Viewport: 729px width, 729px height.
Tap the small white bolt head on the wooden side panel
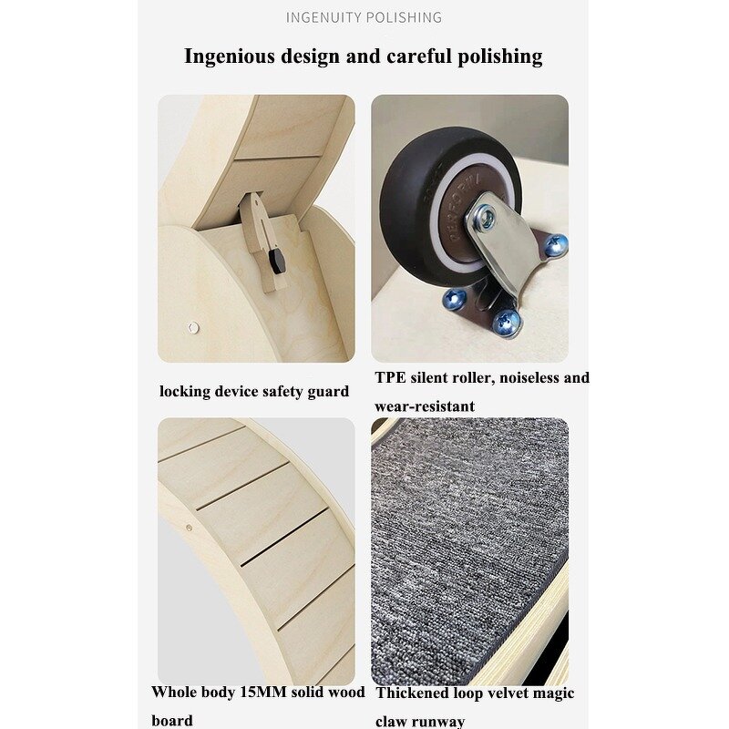[191, 326]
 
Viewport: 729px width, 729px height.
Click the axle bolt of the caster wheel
[486, 218]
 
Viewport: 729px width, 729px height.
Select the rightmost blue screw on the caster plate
[555, 243]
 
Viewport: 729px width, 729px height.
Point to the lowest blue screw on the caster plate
[506, 320]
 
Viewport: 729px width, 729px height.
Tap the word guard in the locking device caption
[328, 391]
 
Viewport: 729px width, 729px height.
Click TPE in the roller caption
[390, 377]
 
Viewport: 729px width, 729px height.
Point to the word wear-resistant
[425, 406]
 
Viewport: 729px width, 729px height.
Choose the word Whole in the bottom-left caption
[173, 692]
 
